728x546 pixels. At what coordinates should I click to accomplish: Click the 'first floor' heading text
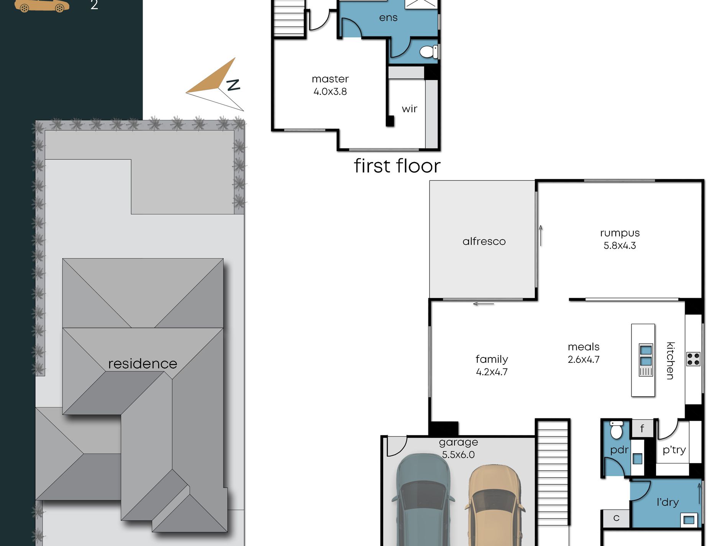(397, 166)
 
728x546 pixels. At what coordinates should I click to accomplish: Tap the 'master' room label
(330, 79)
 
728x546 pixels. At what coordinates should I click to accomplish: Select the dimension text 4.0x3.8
(330, 92)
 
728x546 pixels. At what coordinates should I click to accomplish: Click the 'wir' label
(410, 109)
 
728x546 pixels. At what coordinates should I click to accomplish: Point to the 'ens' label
(388, 18)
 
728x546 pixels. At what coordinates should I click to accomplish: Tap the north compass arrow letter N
(233, 85)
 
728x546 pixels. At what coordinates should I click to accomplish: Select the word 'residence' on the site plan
(143, 364)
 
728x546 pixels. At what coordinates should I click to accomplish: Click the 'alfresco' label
(484, 241)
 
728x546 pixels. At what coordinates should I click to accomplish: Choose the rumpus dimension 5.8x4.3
(620, 246)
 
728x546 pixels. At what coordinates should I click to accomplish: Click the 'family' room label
(492, 359)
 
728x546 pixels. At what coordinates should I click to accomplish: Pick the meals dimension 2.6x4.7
(584, 359)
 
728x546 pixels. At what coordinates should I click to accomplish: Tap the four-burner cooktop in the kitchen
(693, 359)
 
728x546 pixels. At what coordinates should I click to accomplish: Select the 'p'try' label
(674, 450)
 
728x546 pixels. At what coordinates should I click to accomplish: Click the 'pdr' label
(619, 450)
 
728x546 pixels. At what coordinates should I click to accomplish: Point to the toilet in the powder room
(616, 430)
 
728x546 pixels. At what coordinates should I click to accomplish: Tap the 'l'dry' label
(667, 502)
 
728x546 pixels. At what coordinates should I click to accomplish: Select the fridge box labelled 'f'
(642, 428)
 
